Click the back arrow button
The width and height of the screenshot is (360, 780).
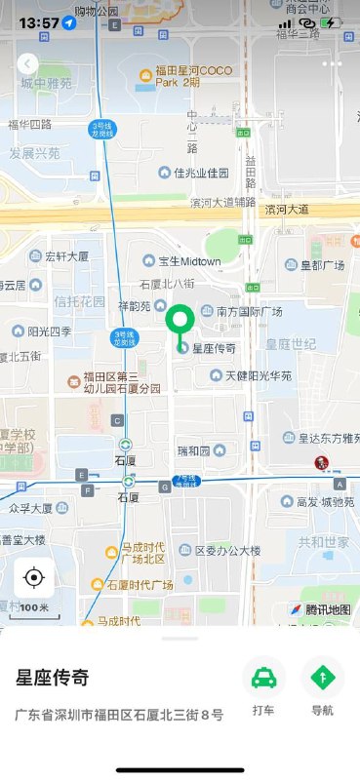(27, 63)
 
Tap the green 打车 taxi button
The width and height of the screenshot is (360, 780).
(263, 677)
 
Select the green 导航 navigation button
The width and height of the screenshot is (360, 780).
(322, 677)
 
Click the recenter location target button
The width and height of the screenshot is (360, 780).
(34, 578)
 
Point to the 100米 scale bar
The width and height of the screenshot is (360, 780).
(34, 607)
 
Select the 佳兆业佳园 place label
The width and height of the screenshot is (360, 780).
(200, 174)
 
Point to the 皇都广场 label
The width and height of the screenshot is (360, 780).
(322, 265)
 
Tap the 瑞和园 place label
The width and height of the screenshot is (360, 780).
(192, 450)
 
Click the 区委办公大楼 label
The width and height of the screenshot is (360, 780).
(227, 551)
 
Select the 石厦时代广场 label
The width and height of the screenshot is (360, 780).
(140, 585)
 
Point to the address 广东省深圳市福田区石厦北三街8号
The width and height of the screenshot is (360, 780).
(118, 715)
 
